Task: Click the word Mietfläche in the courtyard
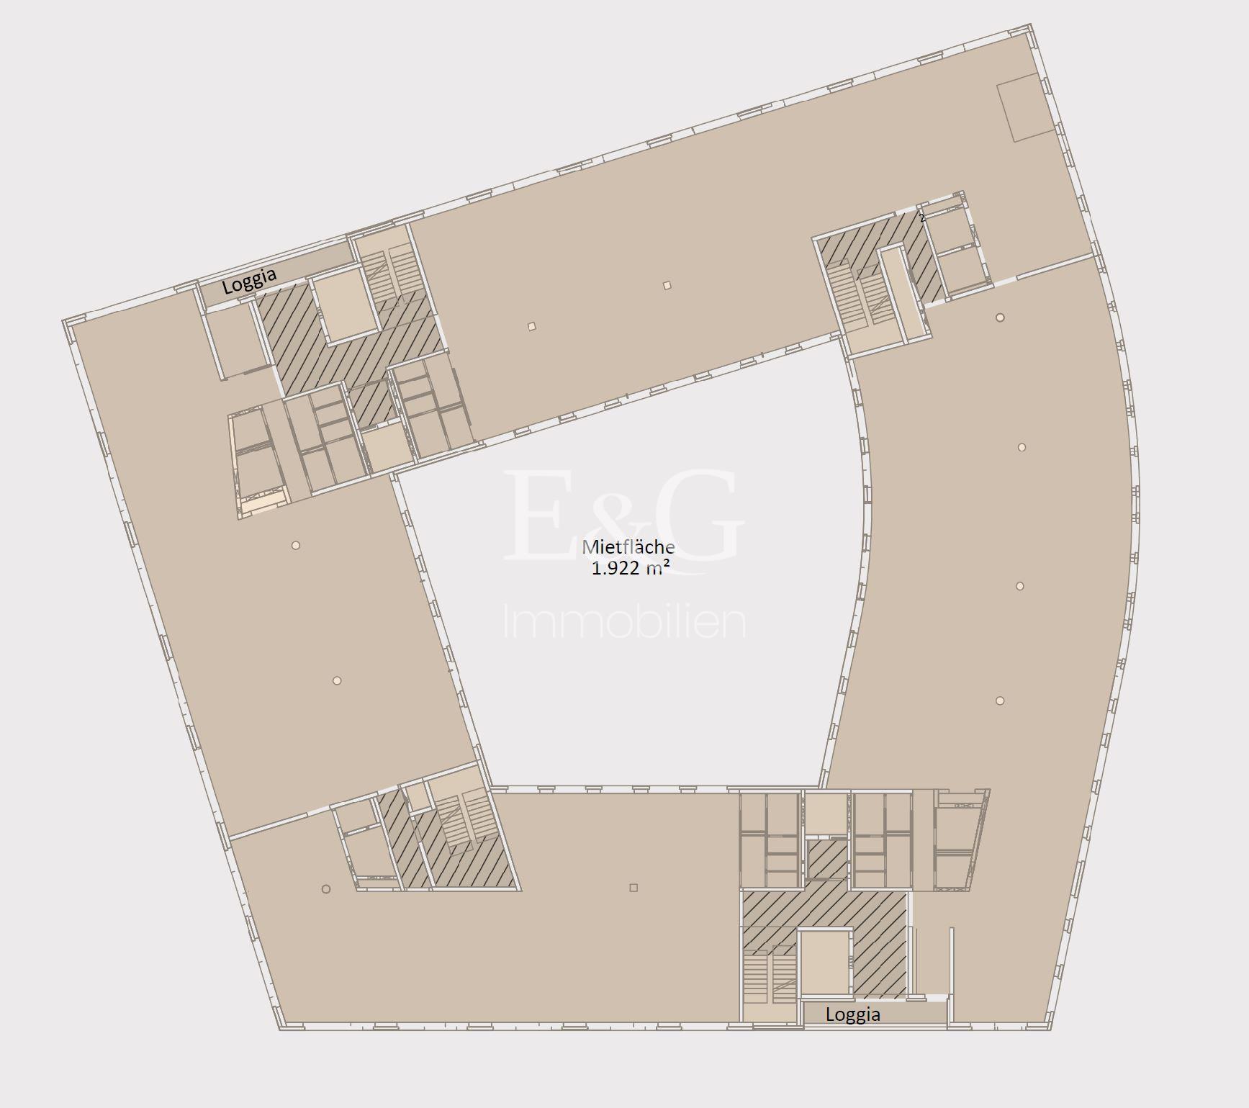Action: (x=628, y=547)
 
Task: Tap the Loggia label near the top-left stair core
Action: (x=249, y=281)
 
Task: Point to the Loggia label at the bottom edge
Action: (x=853, y=1014)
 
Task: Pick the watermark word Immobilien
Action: (x=623, y=622)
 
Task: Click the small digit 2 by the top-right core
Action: (x=921, y=217)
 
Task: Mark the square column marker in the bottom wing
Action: (x=633, y=888)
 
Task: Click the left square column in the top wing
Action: (x=531, y=326)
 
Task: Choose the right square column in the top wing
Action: (x=667, y=285)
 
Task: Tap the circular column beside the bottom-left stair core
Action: (x=326, y=889)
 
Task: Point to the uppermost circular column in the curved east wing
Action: (x=1000, y=317)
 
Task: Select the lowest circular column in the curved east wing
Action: (x=1000, y=701)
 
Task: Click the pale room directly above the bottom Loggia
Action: (x=826, y=963)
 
